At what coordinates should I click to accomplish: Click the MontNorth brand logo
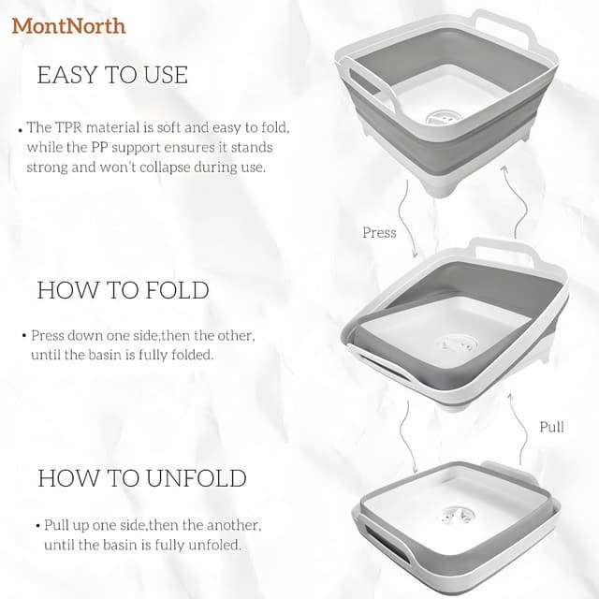(x=68, y=25)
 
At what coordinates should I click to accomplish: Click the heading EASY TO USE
(x=112, y=75)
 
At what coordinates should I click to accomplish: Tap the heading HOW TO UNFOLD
(x=142, y=478)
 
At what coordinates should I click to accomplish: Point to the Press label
(x=379, y=232)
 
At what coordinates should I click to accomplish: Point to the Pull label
(x=552, y=427)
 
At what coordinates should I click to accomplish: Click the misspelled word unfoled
(x=214, y=544)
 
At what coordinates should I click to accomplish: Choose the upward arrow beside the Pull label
(x=515, y=421)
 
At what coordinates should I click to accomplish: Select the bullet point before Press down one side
(x=23, y=335)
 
